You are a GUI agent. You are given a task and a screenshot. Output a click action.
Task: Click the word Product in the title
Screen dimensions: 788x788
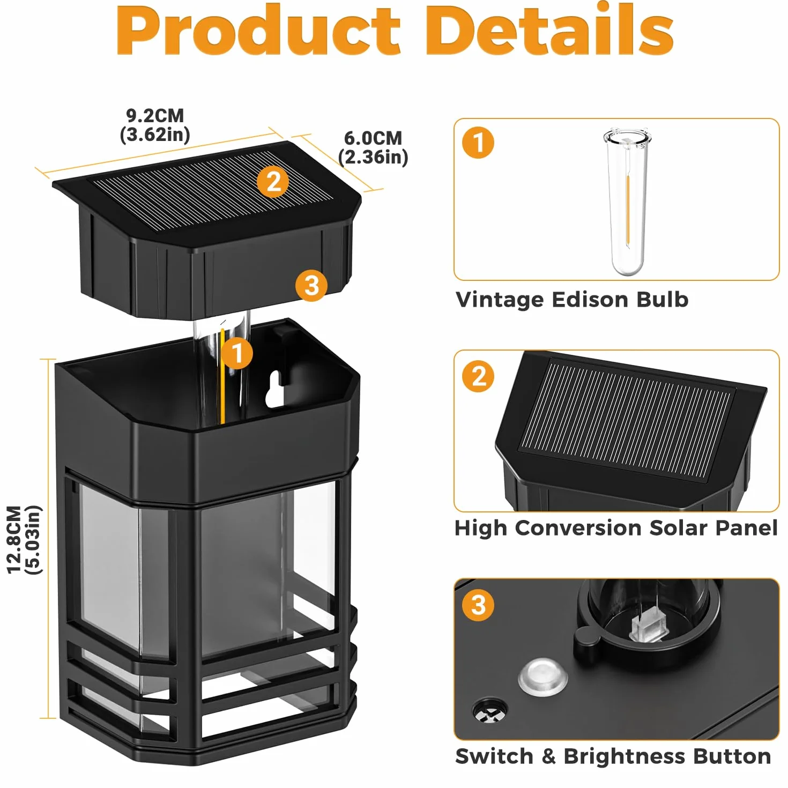point(258,30)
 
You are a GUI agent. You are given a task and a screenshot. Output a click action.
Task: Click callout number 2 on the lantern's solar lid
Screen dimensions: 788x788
point(273,182)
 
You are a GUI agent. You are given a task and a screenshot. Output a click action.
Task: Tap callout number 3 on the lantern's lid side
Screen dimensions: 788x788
point(311,285)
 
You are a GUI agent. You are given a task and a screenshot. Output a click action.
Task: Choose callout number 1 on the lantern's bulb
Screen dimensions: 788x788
point(237,353)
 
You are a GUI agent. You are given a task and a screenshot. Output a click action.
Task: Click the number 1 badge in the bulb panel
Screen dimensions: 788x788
point(478,143)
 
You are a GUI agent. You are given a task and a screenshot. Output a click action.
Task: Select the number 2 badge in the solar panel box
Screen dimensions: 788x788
point(478,376)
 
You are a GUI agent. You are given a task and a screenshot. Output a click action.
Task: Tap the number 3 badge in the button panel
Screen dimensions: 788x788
point(478,605)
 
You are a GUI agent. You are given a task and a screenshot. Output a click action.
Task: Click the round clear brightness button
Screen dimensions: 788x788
point(542,677)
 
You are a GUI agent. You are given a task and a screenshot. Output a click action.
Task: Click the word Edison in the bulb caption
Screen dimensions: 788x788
point(590,300)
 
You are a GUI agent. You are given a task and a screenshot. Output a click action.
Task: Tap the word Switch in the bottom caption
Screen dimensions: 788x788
point(494,756)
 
